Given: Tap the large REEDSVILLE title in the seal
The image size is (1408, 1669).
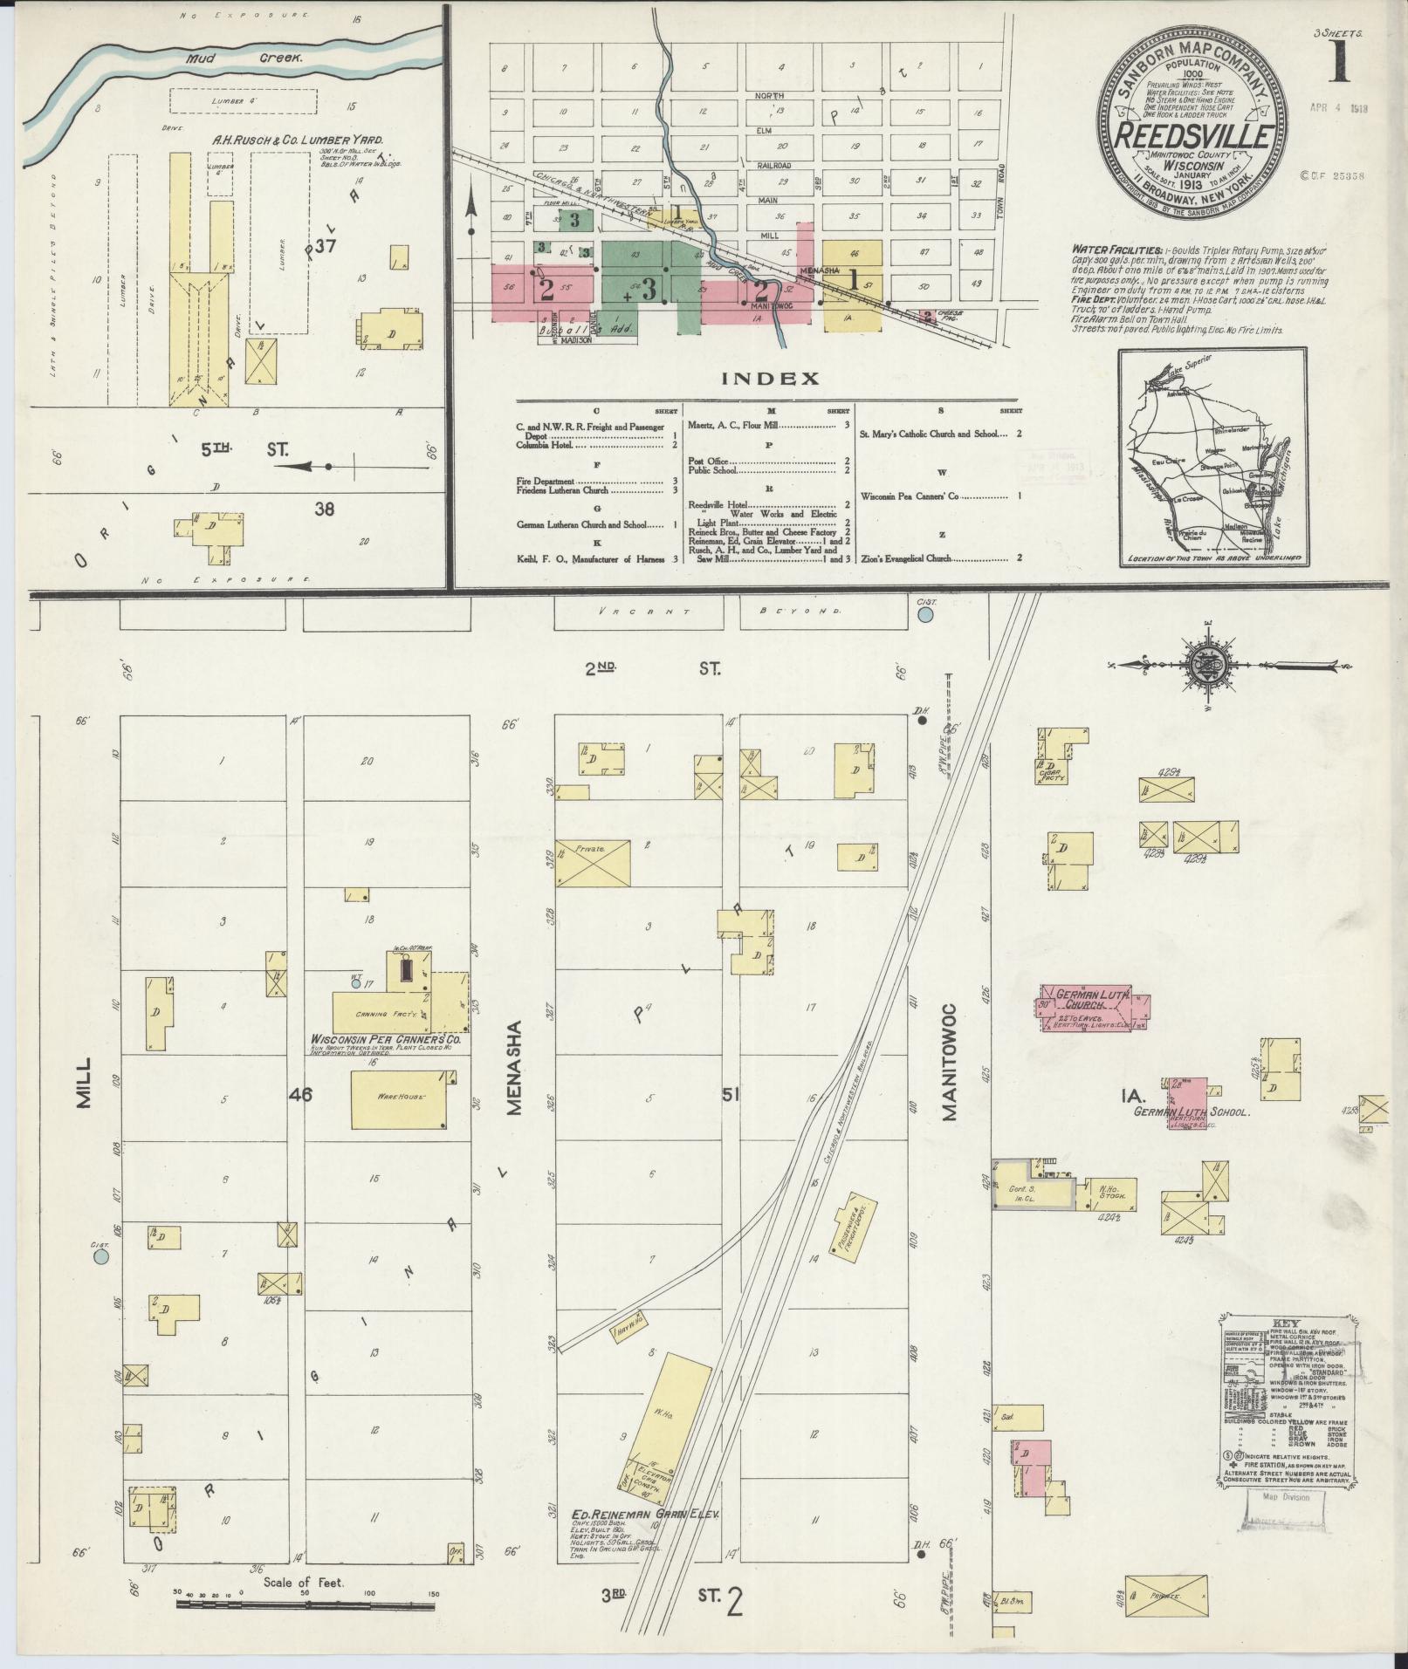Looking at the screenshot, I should click(1192, 138).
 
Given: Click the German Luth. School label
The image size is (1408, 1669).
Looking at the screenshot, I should click(1192, 1113).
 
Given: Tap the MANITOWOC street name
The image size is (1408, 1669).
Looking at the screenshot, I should click(950, 1061).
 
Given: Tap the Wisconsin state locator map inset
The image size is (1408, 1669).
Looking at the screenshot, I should click(1213, 457).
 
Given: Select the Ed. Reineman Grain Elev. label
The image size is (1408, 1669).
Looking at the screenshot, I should click(644, 1515).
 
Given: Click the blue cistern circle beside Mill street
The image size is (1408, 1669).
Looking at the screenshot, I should click(101, 1257).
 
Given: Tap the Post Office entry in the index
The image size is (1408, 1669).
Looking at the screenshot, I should click(709, 461).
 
